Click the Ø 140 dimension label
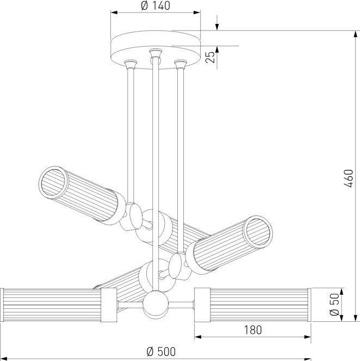156,6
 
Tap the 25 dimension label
210,57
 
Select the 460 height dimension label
349,178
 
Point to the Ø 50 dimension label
335,304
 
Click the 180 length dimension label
253,330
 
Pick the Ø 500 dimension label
161,352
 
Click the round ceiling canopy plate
156,49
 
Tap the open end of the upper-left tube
54,182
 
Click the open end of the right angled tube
258,232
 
